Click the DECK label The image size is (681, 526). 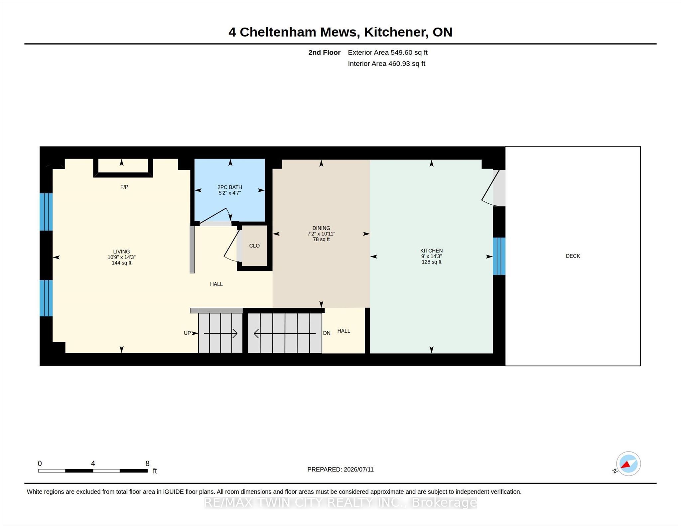pyautogui.click(x=573, y=256)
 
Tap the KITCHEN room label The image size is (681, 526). pyautogui.click(x=431, y=251)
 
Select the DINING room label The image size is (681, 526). pyautogui.click(x=321, y=228)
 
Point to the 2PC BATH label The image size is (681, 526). pyautogui.click(x=230, y=187)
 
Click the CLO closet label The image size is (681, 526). pyautogui.click(x=254, y=246)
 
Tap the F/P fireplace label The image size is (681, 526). pyautogui.click(x=124, y=187)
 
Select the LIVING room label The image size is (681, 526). pyautogui.click(x=121, y=252)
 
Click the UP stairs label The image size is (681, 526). pyautogui.click(x=187, y=333)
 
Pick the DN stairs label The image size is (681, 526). pyautogui.click(x=327, y=333)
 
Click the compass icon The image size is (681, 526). pyautogui.click(x=628, y=464)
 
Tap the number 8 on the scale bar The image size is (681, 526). pyautogui.click(x=147, y=463)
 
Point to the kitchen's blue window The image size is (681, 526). pyautogui.click(x=499, y=256)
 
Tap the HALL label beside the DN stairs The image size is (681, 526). pyautogui.click(x=343, y=331)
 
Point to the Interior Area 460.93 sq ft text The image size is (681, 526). pyautogui.click(x=386, y=63)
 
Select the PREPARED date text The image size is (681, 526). pyautogui.click(x=340, y=470)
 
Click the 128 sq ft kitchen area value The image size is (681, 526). pyautogui.click(x=431, y=262)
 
